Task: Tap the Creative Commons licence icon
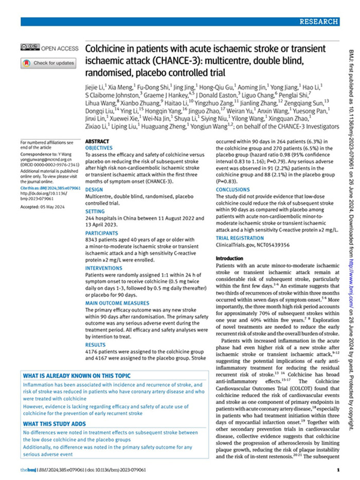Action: point(30,48)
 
